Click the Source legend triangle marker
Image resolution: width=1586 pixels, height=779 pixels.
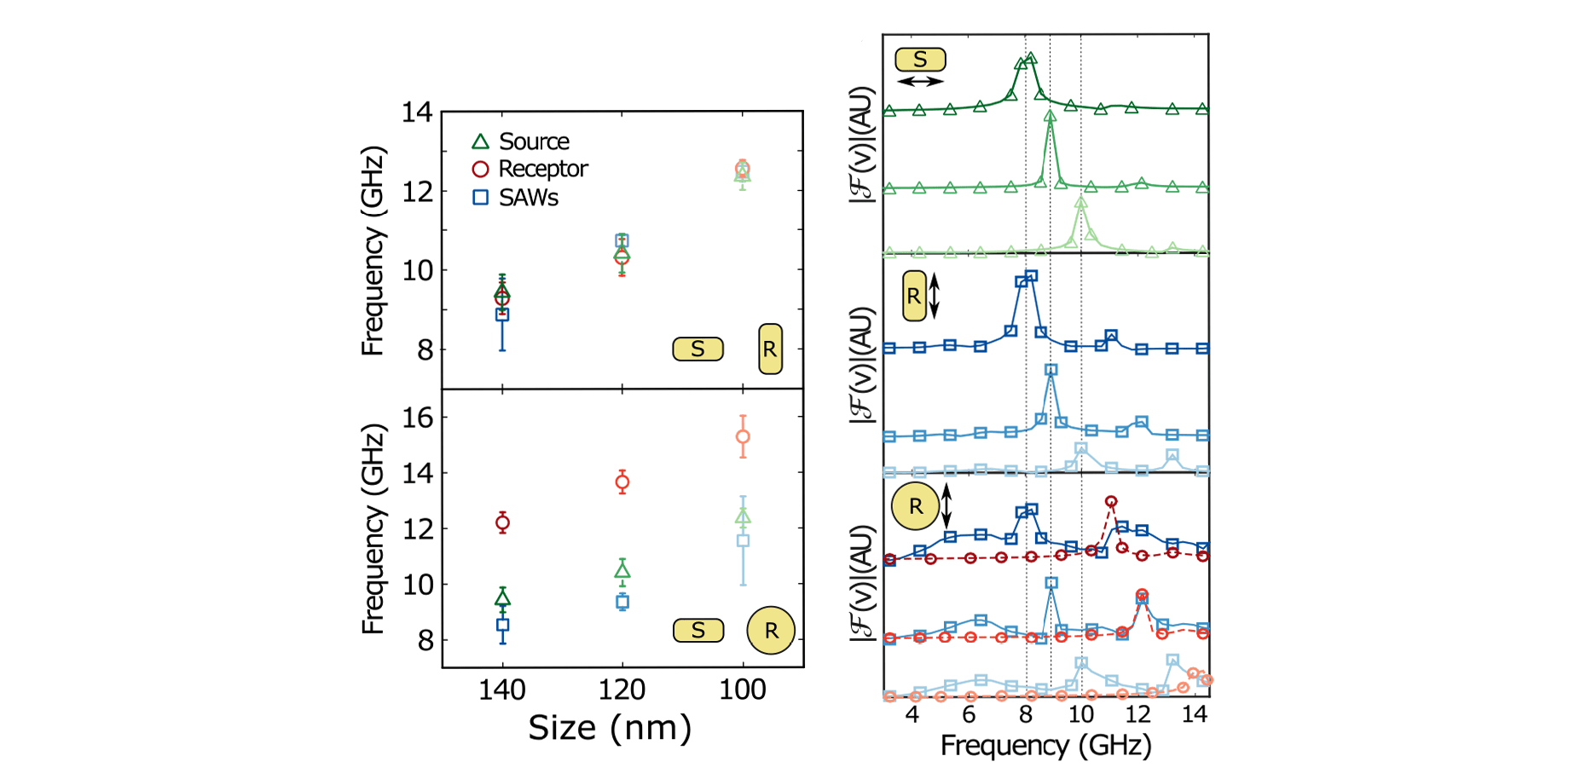481,141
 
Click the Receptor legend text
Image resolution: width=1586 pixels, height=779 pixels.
542,169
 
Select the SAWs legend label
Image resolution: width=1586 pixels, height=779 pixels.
528,198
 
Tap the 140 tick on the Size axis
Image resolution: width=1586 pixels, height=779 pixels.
501,689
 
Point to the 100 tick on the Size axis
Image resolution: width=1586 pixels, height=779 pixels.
742,689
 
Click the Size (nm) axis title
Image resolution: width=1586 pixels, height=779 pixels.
610,728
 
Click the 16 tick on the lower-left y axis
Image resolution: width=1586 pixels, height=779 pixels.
418,418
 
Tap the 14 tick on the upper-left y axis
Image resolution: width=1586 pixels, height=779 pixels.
417,113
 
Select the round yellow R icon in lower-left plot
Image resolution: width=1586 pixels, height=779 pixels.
771,630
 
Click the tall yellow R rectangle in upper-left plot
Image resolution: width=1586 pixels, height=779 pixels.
770,349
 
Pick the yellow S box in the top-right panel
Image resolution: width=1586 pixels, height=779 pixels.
920,60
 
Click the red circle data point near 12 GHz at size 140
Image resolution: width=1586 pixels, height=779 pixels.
502,522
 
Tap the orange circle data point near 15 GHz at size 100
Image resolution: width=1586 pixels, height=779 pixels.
743,436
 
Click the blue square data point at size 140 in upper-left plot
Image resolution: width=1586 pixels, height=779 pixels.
502,314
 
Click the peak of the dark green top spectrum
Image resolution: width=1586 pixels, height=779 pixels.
1030,58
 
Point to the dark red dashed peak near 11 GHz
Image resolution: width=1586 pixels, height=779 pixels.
1111,502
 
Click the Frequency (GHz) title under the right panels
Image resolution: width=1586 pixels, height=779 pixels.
1045,745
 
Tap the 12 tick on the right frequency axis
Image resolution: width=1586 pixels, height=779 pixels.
1137,714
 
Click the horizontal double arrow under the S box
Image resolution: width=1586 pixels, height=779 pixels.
921,82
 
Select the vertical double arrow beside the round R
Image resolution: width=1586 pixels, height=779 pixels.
946,506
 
